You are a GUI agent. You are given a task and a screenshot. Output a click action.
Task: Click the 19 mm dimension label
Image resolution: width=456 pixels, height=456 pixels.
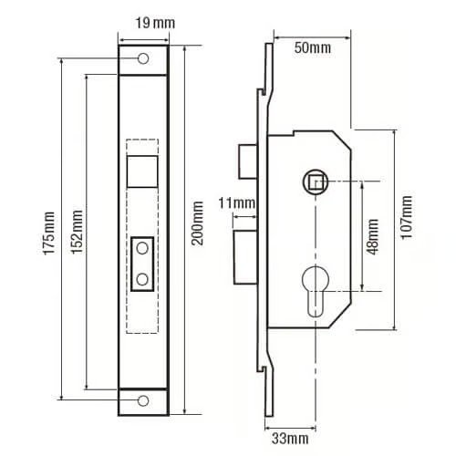coord(155,24)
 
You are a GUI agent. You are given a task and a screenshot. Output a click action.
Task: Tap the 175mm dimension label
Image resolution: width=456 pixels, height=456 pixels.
coord(49,233)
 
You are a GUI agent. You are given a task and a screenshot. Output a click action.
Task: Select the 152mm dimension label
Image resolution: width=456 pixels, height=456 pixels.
coord(77,232)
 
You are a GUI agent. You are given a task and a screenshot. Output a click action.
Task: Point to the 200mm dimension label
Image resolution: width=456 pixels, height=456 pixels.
coord(197,223)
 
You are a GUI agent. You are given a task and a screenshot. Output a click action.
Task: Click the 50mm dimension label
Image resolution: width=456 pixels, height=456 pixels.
coord(313,48)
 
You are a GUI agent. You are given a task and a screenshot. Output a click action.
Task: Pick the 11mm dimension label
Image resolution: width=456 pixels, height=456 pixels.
coord(237,203)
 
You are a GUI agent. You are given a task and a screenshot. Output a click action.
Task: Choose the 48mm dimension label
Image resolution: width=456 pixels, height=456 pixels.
coord(372,236)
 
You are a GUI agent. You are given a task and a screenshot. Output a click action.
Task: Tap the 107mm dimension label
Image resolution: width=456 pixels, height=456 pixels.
coord(407,218)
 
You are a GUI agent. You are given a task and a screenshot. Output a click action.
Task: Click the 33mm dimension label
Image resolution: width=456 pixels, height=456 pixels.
coord(290,439)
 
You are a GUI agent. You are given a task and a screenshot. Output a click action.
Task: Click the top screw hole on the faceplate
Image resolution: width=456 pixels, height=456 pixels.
coord(143,58)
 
